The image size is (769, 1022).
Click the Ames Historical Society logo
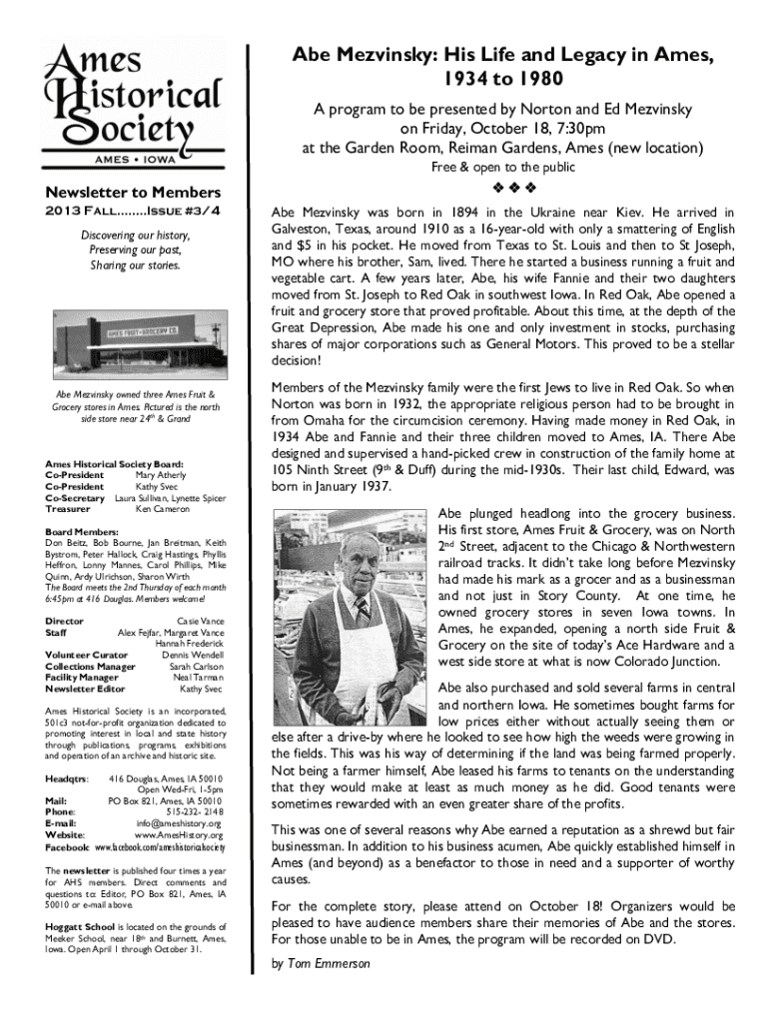[x=133, y=103]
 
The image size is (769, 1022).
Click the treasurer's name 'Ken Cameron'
[x=165, y=509]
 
